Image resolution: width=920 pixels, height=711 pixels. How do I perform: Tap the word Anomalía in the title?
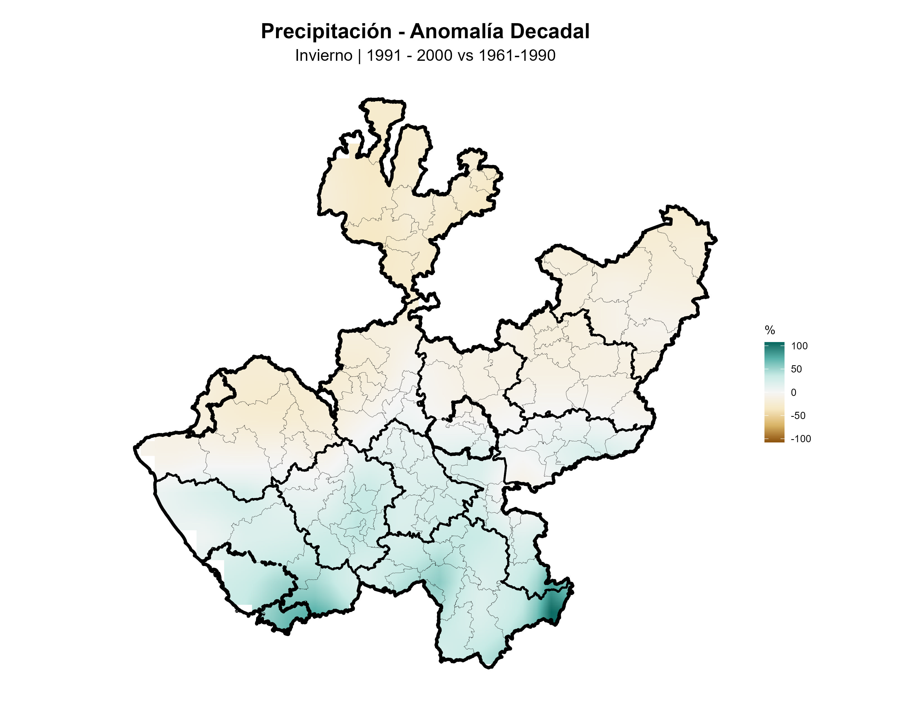coord(457,32)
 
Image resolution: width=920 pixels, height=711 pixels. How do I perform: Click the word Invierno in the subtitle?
coord(323,55)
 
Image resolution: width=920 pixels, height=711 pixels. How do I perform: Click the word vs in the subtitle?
coord(466,55)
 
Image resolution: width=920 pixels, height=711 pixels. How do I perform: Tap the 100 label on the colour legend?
coord(799,346)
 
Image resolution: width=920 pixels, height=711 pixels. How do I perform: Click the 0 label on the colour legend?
coord(794,393)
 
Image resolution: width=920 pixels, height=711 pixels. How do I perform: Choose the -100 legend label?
coord(800,439)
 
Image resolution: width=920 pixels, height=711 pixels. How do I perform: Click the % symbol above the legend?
coord(770,330)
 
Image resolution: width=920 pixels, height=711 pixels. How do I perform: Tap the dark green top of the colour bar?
coord(774,345)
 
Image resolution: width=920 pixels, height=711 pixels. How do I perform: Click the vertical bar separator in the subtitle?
coord(359,55)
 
